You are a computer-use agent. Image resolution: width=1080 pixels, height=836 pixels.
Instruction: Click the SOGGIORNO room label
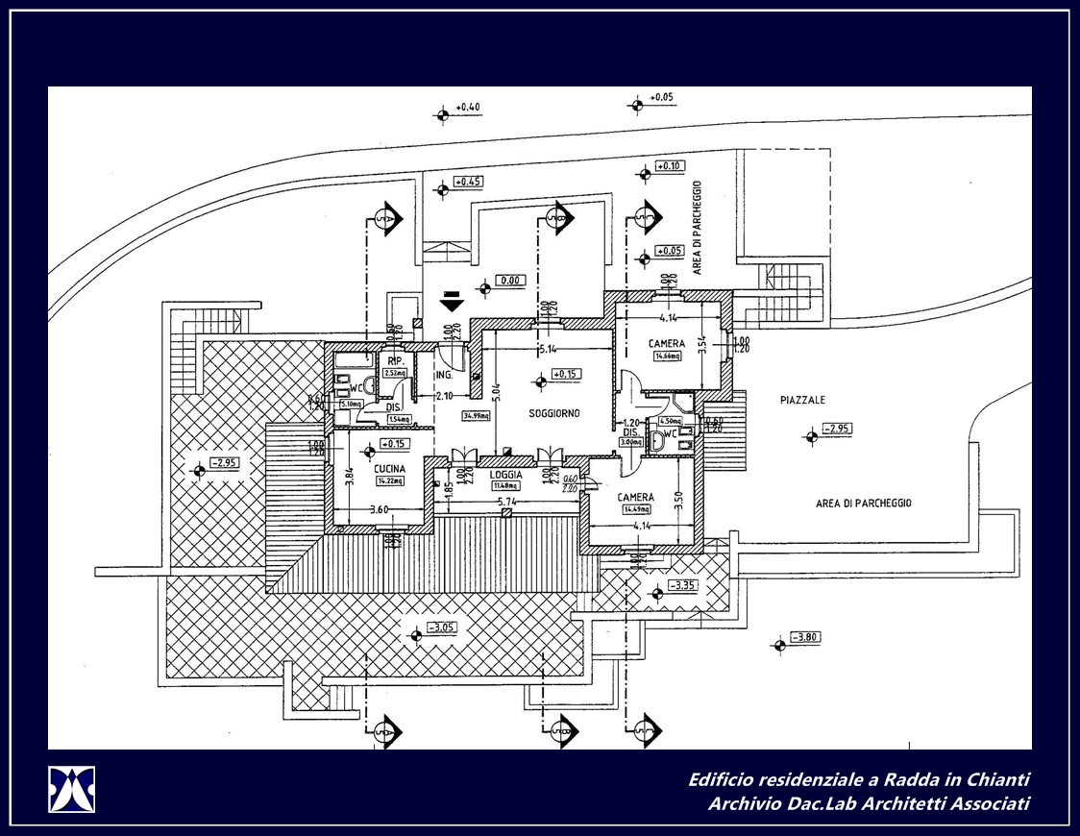tap(554, 413)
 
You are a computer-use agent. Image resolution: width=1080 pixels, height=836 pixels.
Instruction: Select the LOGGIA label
tap(505, 475)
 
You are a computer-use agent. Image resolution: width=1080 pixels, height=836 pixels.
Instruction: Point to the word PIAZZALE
tap(802, 400)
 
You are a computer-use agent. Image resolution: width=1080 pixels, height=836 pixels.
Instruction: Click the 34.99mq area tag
tap(476, 416)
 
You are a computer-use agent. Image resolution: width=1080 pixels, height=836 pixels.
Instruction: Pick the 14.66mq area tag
tap(667, 356)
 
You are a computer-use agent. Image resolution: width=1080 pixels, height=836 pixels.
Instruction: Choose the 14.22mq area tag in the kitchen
tap(391, 480)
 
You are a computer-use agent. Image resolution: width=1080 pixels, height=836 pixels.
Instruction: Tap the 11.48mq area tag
tap(505, 485)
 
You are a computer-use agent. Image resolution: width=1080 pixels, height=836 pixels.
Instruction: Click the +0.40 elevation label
tap(468, 107)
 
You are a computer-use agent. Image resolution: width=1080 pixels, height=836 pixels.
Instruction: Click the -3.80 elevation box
tap(805, 636)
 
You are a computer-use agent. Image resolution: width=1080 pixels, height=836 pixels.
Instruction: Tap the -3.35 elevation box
tap(684, 585)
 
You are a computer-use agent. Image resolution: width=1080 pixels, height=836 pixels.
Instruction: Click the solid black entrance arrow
tap(449, 303)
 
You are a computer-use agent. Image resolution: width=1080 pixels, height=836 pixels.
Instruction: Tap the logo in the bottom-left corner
tap(72, 789)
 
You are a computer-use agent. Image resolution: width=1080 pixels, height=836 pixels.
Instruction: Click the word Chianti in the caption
tap(994, 779)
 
